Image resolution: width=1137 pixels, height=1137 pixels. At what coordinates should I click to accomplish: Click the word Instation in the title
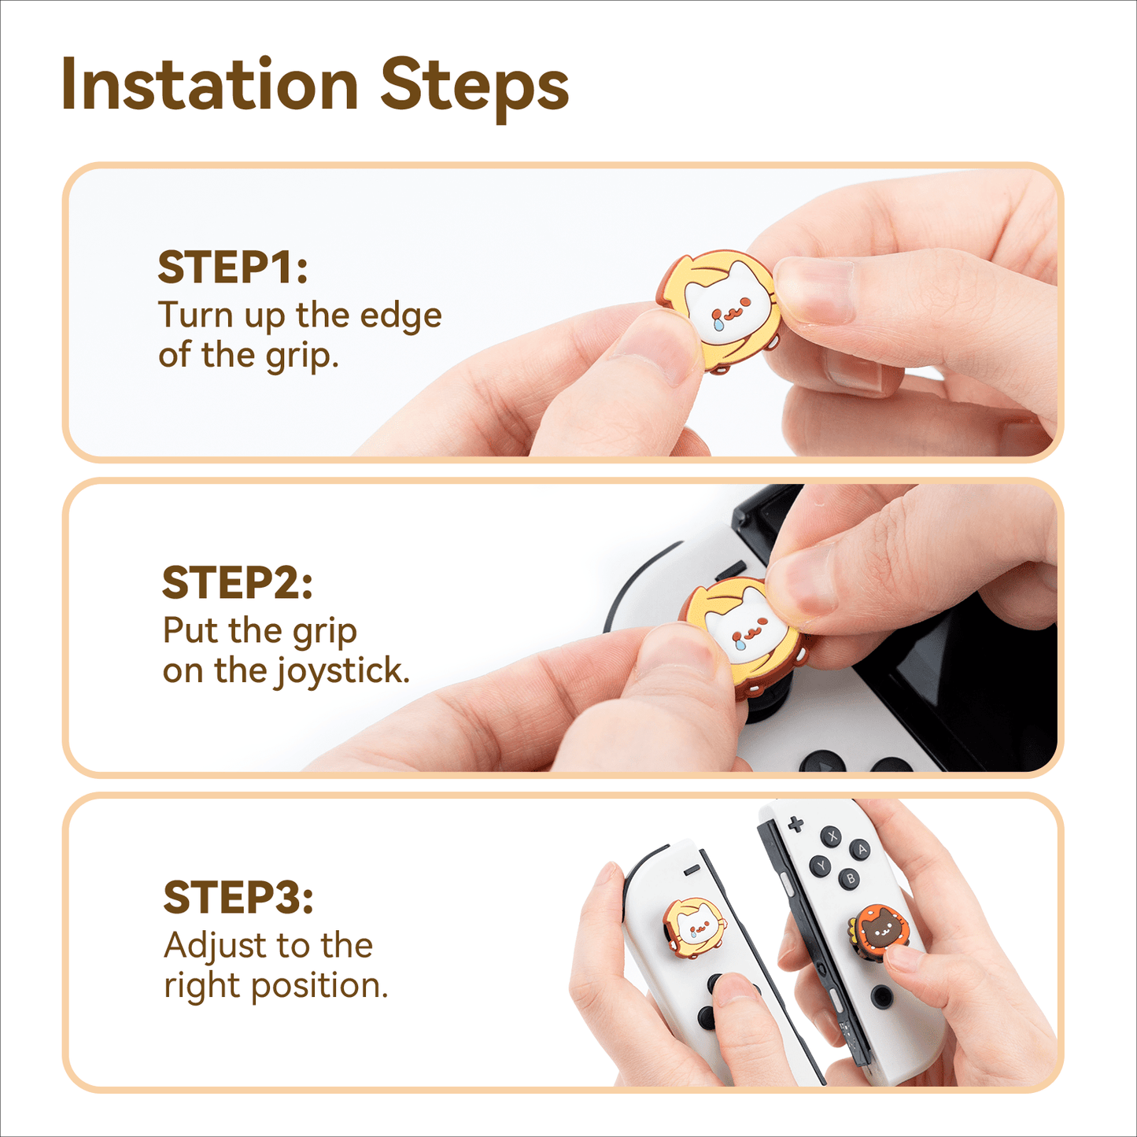coord(209,83)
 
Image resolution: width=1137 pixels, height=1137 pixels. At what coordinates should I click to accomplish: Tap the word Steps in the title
coord(475,88)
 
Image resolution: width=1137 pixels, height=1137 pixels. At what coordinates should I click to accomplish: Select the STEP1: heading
coord(233,268)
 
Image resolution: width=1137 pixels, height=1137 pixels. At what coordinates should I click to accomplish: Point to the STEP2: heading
coord(237,582)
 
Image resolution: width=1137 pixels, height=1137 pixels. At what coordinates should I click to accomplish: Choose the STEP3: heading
coord(238,898)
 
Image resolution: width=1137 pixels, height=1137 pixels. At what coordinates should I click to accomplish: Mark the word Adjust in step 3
coord(216,947)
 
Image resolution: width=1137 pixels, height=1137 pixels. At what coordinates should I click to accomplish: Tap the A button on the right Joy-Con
coord(862,849)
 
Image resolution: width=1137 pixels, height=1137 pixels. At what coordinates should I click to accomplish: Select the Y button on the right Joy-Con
coord(820,866)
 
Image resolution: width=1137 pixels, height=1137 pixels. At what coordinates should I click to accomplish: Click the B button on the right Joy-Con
coord(851,879)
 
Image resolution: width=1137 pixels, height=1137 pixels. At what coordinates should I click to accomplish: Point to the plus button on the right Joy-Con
coord(796,825)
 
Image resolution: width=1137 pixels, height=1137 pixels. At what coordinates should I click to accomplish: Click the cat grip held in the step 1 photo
coord(718,312)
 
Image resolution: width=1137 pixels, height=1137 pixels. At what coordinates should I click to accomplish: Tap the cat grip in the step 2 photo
coord(741,637)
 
